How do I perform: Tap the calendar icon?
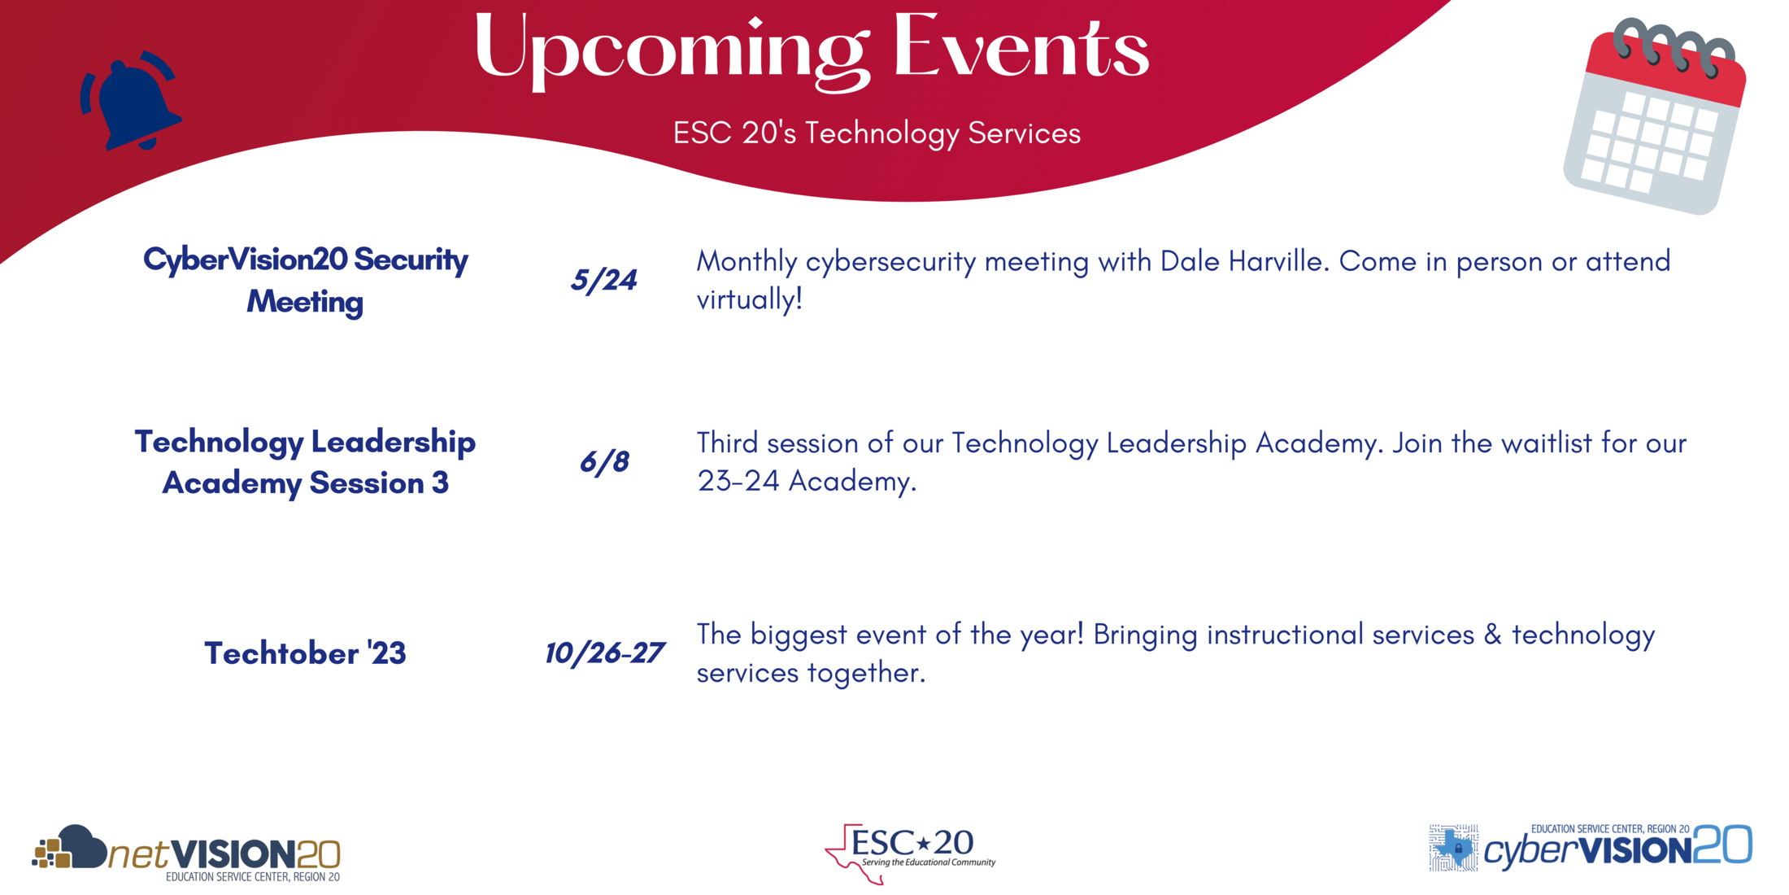pos(1655,118)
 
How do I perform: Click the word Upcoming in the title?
pos(671,49)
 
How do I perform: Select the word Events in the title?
pos(1021,49)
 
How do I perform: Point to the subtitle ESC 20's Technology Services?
pos(877,133)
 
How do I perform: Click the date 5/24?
pos(603,281)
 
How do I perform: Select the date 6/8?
pos(603,462)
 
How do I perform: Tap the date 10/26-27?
pos(604,653)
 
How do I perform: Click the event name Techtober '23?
pos(305,653)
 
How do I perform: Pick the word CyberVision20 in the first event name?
pos(246,260)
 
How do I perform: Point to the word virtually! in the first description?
pos(749,300)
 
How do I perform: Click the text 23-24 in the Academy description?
pos(738,482)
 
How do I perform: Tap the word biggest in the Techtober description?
pos(798,635)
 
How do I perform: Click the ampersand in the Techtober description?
pos(1492,635)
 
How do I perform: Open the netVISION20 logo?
pos(187,853)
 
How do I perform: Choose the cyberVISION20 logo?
pos(1590,849)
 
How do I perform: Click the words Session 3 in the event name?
pos(379,483)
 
